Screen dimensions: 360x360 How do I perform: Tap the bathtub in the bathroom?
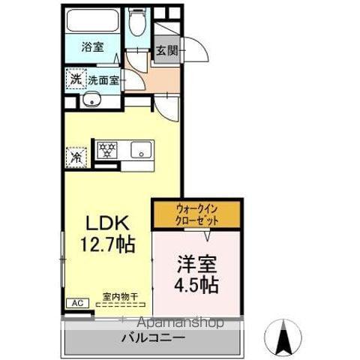(x=93, y=20)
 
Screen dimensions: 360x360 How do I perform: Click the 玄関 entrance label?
(x=166, y=52)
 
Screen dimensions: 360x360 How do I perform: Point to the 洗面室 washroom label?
(x=103, y=79)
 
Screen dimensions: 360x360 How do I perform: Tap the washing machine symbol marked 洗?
(x=76, y=79)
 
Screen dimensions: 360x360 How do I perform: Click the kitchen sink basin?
(x=141, y=150)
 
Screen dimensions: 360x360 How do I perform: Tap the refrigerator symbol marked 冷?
(x=76, y=157)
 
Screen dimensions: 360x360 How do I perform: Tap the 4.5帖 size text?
(x=196, y=285)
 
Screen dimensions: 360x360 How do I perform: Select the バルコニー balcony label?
(x=153, y=338)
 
